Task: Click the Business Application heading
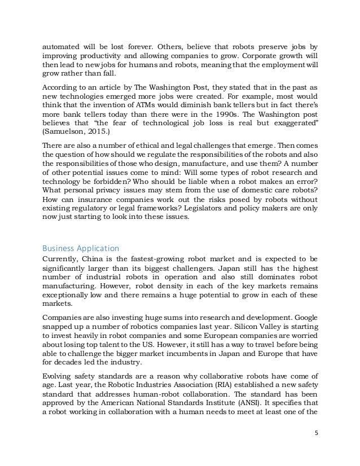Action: coord(81,249)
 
